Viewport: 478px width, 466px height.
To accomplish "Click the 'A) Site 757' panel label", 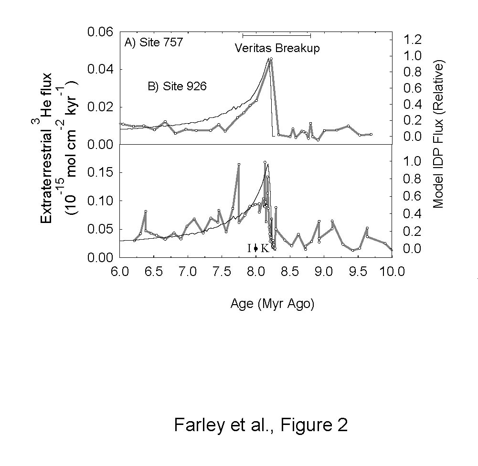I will [x=154, y=43].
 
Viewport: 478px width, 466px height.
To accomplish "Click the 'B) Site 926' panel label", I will [x=177, y=87].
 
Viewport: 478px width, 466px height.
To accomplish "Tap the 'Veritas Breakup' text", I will [x=277, y=48].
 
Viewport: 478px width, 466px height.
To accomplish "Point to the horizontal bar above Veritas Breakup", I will [x=276, y=35].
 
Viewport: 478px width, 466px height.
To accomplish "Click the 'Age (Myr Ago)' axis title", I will [x=272, y=304].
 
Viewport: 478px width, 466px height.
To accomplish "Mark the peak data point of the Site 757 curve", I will [x=271, y=59].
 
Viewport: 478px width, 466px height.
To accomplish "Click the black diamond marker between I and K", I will [x=256, y=248].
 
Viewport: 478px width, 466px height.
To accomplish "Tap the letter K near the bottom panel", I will [x=264, y=248].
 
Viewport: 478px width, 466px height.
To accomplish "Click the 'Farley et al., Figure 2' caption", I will [x=261, y=424].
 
